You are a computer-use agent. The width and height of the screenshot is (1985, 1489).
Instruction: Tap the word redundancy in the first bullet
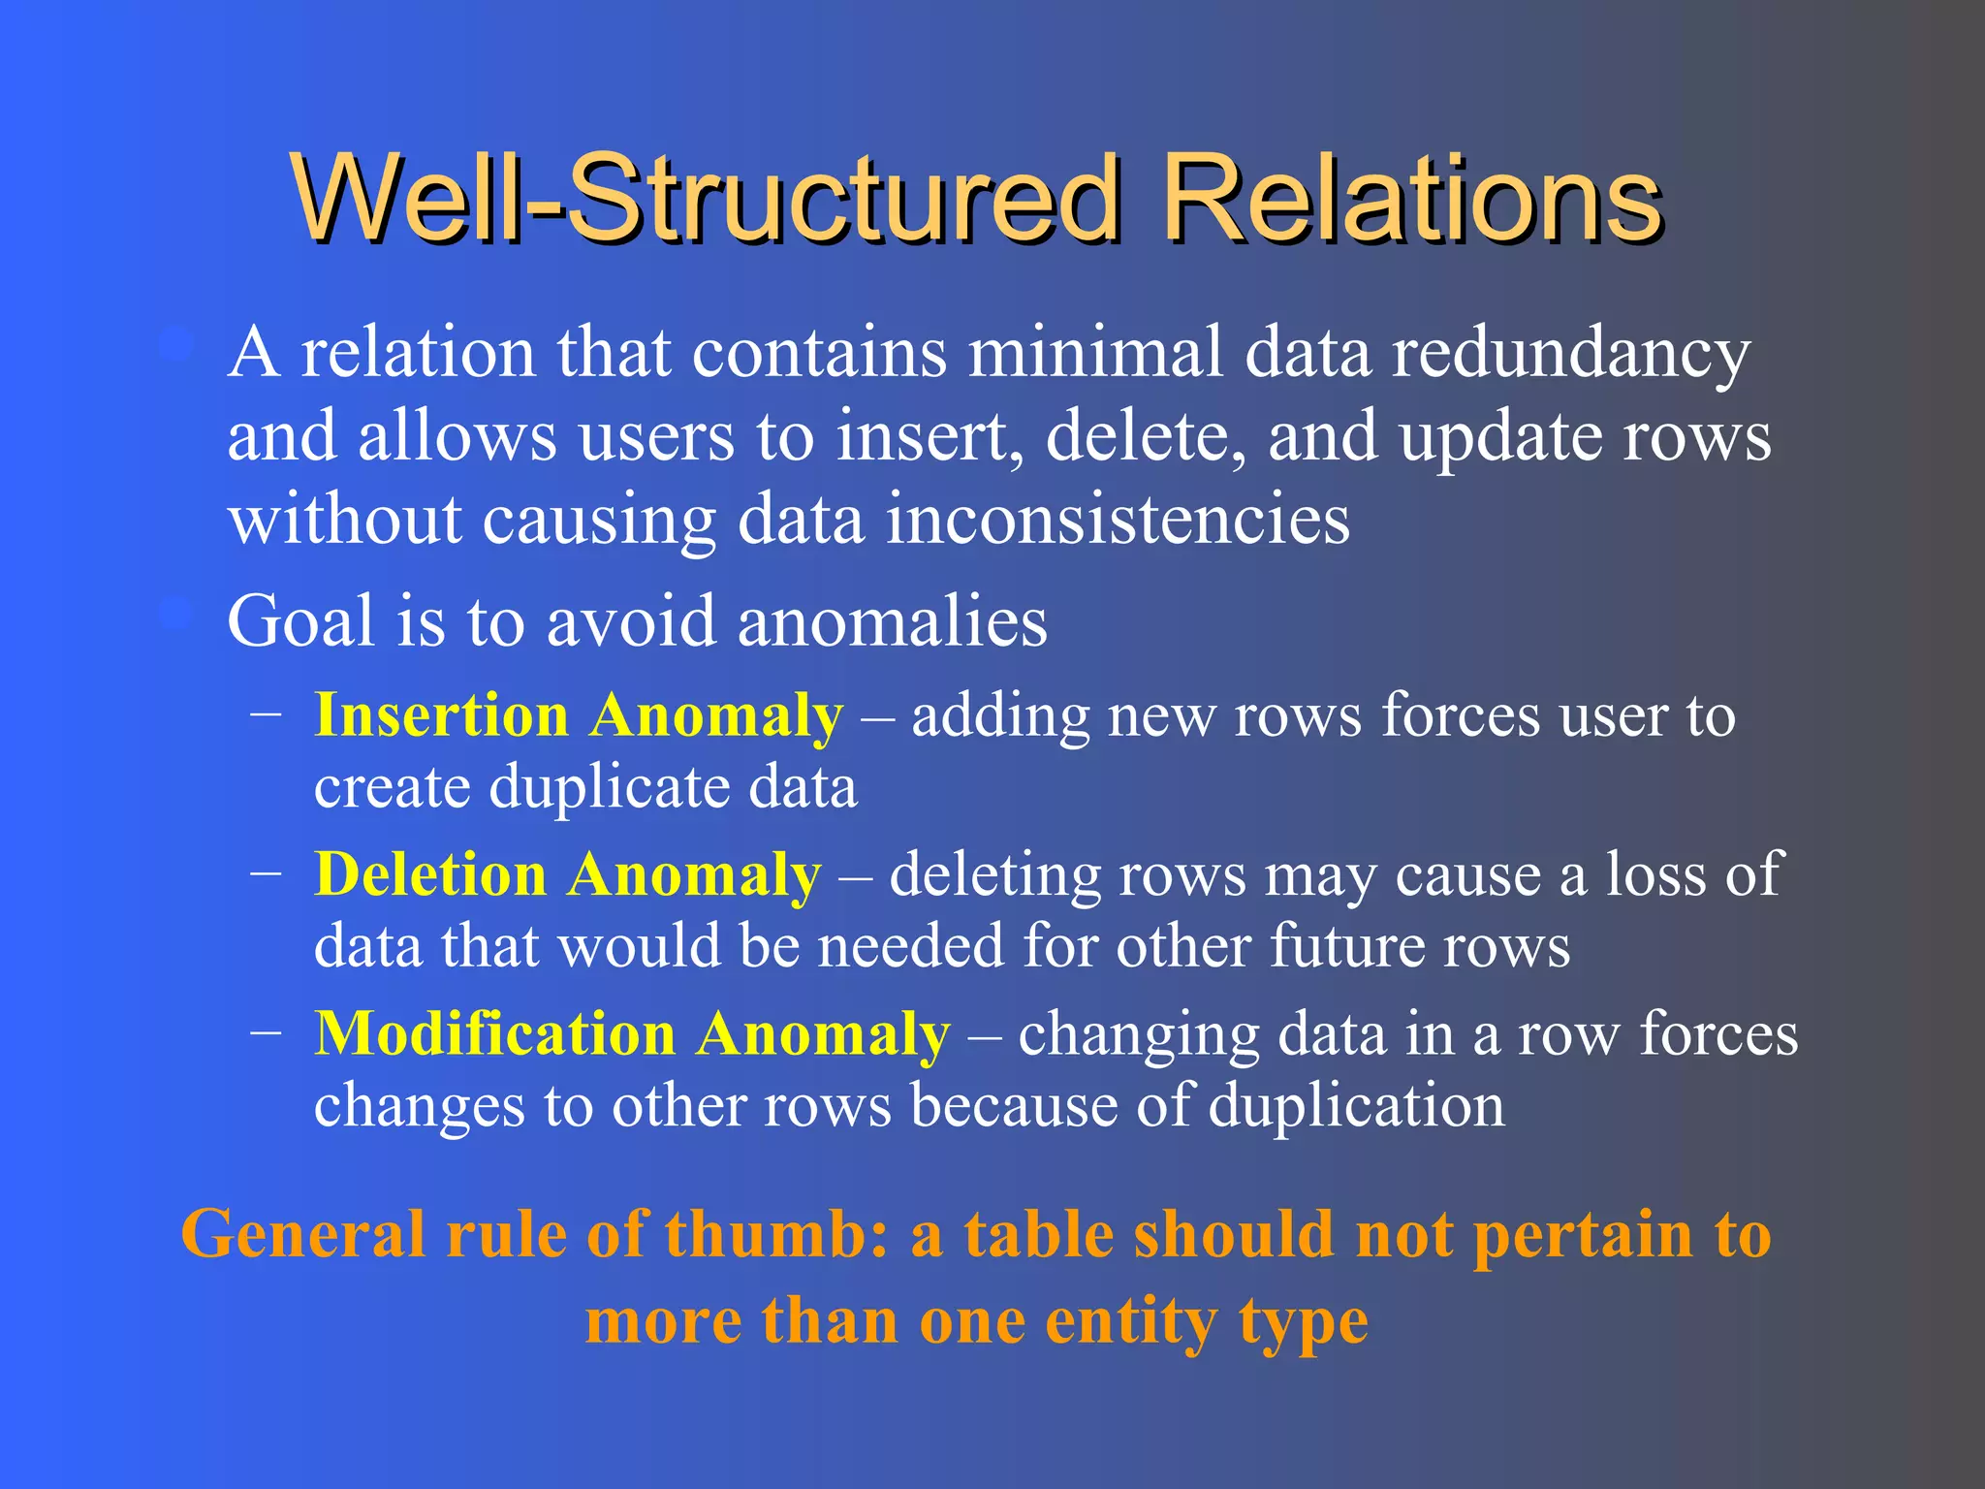click(1570, 354)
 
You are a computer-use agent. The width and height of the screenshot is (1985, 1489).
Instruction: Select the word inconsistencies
click(1117, 521)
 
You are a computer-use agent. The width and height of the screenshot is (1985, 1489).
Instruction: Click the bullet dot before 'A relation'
click(176, 346)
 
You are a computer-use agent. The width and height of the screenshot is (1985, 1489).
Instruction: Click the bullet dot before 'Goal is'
click(176, 614)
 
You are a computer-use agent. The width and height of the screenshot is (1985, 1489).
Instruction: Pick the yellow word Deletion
click(431, 874)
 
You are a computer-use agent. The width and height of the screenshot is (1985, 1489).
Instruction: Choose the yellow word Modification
click(495, 1033)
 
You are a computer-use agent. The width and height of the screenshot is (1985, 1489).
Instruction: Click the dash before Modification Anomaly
click(266, 1031)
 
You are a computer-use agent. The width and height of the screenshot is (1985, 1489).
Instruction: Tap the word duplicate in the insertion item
click(605, 787)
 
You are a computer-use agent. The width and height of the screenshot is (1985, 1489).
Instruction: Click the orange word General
click(303, 1236)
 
